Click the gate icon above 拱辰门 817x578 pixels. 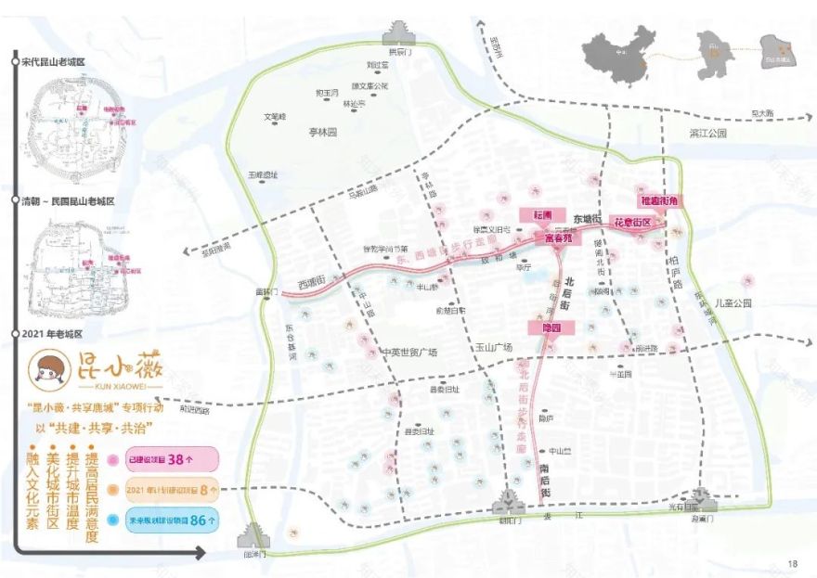[x=397, y=34]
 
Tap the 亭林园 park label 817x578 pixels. [x=323, y=133]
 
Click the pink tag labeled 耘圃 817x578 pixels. [x=542, y=214]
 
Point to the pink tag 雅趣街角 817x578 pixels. [x=659, y=200]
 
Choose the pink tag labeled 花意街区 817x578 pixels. [x=633, y=223]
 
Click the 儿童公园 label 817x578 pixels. [x=732, y=302]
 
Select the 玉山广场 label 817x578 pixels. [x=495, y=348]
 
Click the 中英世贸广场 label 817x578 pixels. [x=408, y=353]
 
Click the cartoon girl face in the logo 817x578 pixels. [x=46, y=374]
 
